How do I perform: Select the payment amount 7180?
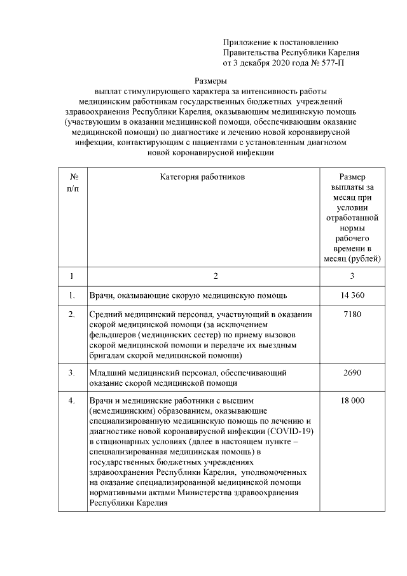pos(352,314)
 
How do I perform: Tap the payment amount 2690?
pos(352,372)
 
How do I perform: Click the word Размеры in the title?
pos(210,81)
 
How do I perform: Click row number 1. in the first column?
pos(72,295)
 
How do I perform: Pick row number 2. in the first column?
pos(72,314)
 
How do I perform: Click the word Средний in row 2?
pos(106,314)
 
